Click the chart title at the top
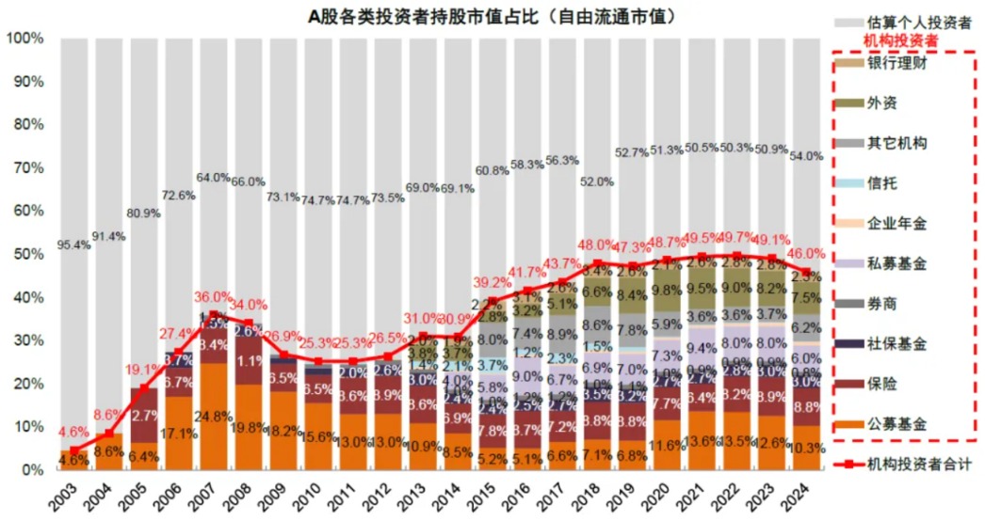tap(492, 17)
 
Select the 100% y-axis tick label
tap(24, 39)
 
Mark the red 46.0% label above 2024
tap(805, 254)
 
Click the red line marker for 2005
tap(145, 387)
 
